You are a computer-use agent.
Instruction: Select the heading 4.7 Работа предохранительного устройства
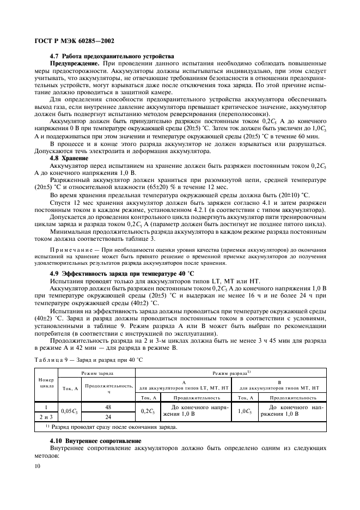click(112, 56)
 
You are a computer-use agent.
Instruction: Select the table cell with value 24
click(109, 416)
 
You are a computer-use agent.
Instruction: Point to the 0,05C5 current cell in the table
click(70, 411)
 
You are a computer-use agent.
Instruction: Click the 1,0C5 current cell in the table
click(245, 411)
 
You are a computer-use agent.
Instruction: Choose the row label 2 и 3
click(45, 416)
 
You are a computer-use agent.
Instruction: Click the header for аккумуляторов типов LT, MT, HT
click(184, 386)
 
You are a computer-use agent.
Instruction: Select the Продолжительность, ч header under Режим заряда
click(109, 388)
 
